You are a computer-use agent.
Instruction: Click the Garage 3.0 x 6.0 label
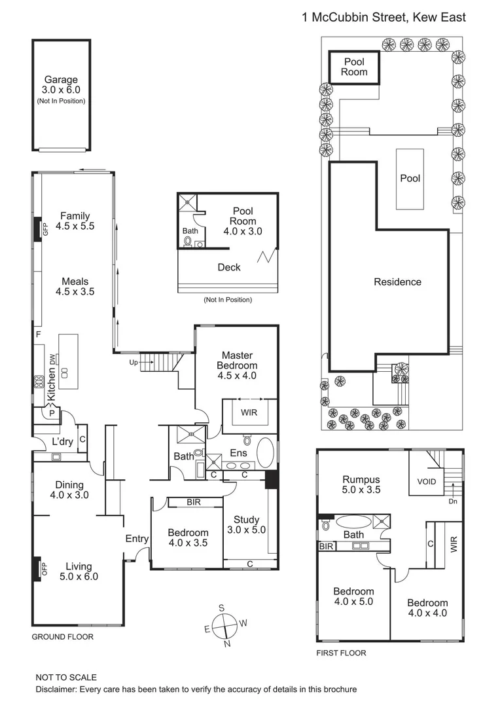[x=61, y=85]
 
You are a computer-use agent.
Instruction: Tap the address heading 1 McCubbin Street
[x=384, y=18]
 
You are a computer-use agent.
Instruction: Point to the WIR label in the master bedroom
[x=249, y=413]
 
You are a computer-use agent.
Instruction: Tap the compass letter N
[x=227, y=644]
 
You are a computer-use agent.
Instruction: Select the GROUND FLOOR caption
[x=63, y=637]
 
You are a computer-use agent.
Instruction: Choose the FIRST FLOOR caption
[x=341, y=653]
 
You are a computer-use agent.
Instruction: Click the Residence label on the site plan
[x=397, y=282]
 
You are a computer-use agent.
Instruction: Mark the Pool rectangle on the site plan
[x=410, y=179]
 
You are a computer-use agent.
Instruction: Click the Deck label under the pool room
[x=228, y=267]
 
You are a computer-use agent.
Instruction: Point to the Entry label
[x=137, y=539]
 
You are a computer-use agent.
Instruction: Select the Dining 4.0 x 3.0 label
[x=69, y=490]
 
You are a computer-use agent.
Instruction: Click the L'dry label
[x=62, y=442]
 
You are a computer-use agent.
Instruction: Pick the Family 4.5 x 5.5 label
[x=75, y=221]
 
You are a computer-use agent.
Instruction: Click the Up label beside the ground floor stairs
[x=133, y=362]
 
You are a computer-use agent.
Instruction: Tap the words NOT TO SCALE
[x=65, y=678]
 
